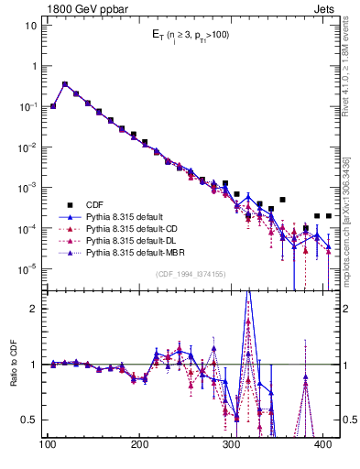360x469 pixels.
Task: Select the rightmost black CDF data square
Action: click(328, 216)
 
